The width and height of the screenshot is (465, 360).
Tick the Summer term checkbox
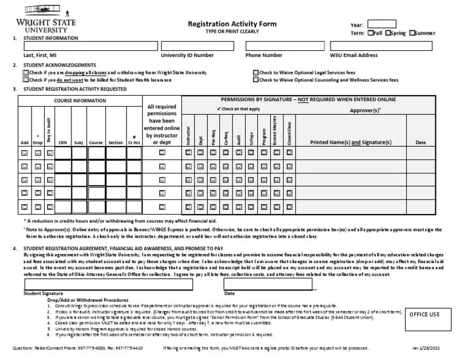coord(412,33)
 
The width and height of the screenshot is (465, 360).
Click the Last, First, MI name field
coord(90,46)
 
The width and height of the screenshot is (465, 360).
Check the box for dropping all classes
coord(25,72)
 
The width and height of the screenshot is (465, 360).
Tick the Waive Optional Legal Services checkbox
coord(256,72)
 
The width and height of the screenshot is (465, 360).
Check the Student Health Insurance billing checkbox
coord(25,79)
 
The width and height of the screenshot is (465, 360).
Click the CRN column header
coord(62,142)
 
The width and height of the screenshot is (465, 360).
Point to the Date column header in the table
coord(421,142)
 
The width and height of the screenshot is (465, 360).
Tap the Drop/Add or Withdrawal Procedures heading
coord(87,300)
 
